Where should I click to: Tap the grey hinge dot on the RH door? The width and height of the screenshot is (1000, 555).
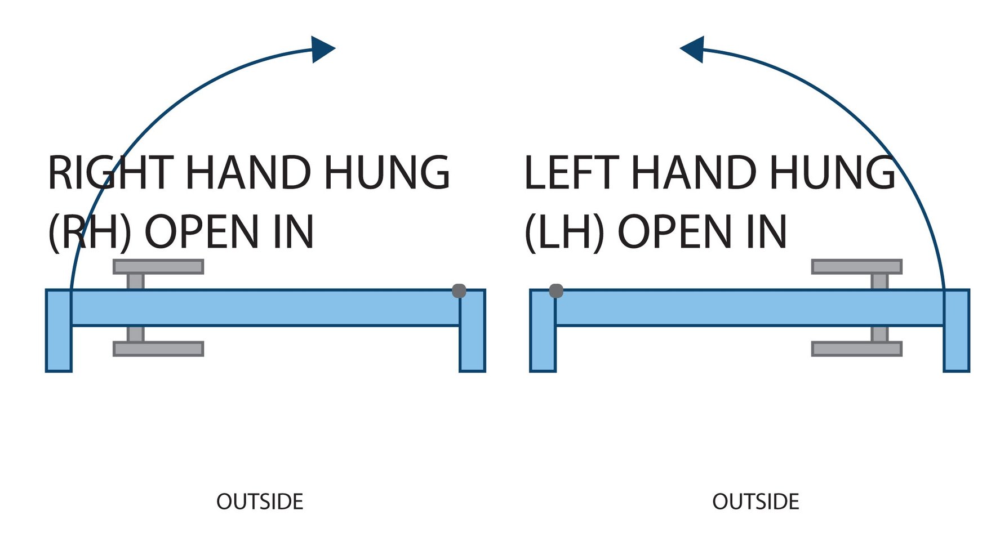[x=459, y=291]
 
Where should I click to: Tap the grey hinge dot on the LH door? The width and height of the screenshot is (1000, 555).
[x=556, y=291]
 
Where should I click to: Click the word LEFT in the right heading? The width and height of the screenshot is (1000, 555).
[x=572, y=173]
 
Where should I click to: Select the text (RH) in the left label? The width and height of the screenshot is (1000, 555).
[x=90, y=232]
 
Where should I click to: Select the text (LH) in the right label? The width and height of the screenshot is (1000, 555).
[x=564, y=232]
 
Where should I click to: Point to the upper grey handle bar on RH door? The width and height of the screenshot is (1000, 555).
[x=158, y=267]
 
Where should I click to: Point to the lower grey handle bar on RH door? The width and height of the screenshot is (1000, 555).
[x=158, y=349]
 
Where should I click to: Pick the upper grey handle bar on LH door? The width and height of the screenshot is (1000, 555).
[x=856, y=267]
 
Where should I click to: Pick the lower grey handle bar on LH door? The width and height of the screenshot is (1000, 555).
[x=856, y=349]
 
